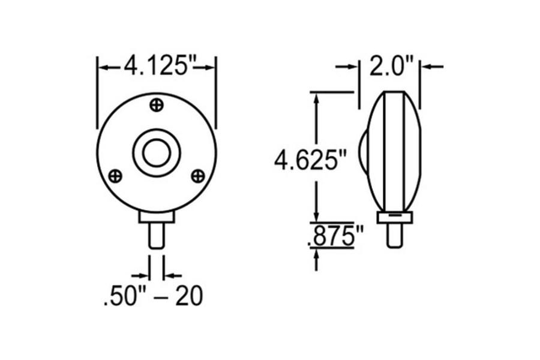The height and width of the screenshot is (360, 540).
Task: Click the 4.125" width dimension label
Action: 157,65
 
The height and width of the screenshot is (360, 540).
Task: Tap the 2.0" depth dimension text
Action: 389,66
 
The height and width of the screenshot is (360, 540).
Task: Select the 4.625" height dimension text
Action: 310,161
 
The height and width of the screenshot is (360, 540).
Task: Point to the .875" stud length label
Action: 334,237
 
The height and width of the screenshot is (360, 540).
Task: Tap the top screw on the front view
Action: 157,104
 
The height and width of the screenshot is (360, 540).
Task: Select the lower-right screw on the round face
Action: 197,175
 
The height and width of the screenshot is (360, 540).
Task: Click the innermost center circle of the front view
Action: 157,153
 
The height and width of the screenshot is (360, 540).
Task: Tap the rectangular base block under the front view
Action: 157,216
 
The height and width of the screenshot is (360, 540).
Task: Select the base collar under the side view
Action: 394,217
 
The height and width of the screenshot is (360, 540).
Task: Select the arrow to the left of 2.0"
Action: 352,67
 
